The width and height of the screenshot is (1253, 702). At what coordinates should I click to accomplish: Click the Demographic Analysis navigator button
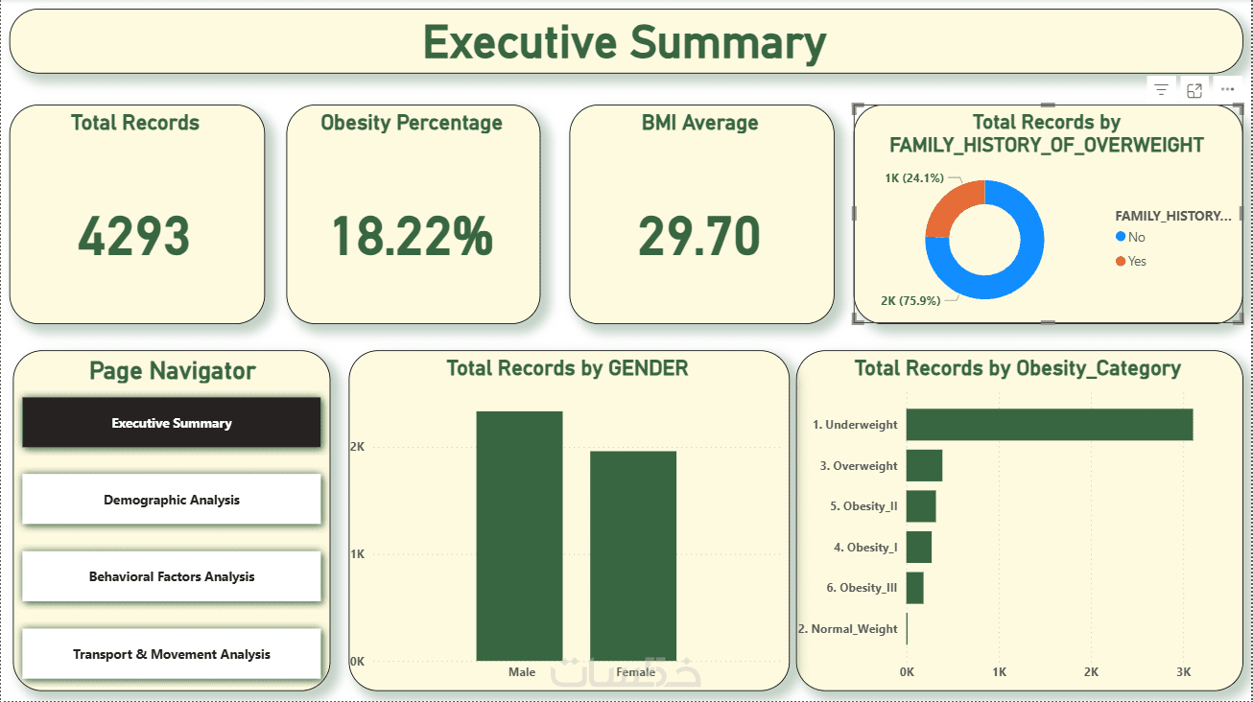tap(171, 500)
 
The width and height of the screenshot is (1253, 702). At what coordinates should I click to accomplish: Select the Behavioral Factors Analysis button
tap(171, 576)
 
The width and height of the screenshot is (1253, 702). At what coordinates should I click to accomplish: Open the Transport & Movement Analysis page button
tap(171, 654)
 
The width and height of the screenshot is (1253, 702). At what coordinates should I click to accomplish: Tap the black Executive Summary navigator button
tap(171, 423)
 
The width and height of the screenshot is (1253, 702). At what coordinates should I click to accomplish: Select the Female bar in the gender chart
tap(632, 555)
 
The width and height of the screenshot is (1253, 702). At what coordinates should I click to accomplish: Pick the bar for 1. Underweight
tap(1049, 425)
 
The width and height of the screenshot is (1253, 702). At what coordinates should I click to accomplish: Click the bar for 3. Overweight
tap(924, 466)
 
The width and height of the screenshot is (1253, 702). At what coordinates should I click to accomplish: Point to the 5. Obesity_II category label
tap(863, 506)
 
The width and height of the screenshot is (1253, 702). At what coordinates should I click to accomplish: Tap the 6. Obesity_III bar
tap(914, 588)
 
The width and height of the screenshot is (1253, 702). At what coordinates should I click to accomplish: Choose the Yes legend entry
tap(1137, 261)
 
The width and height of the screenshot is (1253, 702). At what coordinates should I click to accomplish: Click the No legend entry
tap(1137, 237)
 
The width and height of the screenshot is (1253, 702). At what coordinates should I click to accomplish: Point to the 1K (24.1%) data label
tap(914, 177)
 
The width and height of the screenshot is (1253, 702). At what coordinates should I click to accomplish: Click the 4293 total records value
tap(134, 236)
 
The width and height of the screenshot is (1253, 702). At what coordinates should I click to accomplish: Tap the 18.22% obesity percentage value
tap(412, 236)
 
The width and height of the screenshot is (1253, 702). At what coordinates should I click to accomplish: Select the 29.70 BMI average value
tap(699, 236)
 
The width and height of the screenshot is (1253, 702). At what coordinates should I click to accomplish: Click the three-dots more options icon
tap(1227, 90)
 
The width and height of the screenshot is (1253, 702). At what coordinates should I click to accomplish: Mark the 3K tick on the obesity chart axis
tap(1184, 672)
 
